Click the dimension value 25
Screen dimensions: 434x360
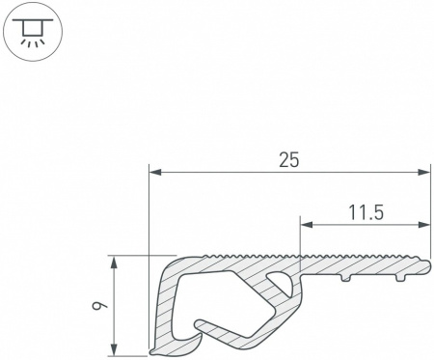click(x=288, y=160)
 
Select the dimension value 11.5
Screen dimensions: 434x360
click(x=366, y=212)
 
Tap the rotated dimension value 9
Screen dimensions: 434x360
click(x=96, y=306)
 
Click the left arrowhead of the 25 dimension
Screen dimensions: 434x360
click(x=155, y=173)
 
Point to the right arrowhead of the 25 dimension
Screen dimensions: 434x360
click(x=423, y=173)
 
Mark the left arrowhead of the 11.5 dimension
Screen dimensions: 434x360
click(x=307, y=225)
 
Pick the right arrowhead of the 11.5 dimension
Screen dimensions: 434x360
click(x=423, y=225)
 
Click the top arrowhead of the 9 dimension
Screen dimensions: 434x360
click(x=113, y=263)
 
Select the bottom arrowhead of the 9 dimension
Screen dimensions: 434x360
click(x=113, y=349)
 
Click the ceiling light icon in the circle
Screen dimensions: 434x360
click(x=32, y=31)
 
